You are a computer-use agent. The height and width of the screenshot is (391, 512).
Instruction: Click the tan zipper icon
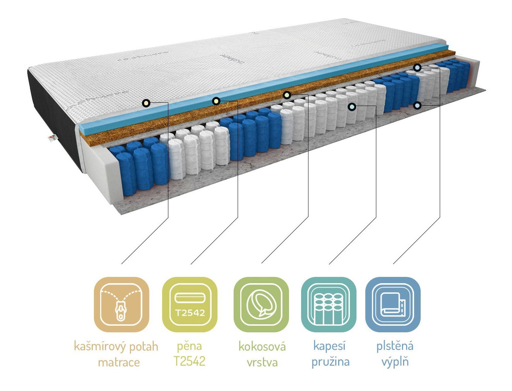[x=121, y=304]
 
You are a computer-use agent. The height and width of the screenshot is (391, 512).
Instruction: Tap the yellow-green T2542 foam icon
[x=190, y=304]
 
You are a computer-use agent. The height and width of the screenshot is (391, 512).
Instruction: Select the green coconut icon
[x=261, y=304]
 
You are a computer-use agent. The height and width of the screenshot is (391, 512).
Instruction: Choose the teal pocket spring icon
[x=329, y=304]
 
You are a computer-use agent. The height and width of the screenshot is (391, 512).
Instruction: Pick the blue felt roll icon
[x=393, y=304]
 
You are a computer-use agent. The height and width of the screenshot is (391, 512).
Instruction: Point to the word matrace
[x=119, y=362]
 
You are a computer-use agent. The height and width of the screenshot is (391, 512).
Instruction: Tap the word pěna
[x=189, y=346]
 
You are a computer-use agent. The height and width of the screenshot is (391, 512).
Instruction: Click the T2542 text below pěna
[x=189, y=361]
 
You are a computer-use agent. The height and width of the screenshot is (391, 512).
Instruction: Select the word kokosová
[x=262, y=346]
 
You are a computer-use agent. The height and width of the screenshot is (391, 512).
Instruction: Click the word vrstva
[x=262, y=362]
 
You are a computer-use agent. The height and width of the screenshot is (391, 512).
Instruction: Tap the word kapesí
[x=329, y=346]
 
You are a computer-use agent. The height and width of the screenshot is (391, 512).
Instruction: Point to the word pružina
[x=330, y=362]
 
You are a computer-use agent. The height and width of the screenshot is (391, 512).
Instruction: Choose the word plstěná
[x=395, y=346]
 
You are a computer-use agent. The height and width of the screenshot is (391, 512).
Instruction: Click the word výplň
[x=395, y=362]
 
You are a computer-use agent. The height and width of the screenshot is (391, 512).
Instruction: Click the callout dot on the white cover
[x=146, y=103]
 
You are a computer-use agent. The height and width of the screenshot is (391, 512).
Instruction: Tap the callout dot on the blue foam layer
[x=216, y=101]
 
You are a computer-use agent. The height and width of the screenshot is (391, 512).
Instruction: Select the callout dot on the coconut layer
[x=287, y=95]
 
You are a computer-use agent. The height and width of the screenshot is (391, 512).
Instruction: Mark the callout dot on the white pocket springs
[x=352, y=107]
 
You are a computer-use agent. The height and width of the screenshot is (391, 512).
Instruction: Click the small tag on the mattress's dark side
[x=52, y=138]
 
